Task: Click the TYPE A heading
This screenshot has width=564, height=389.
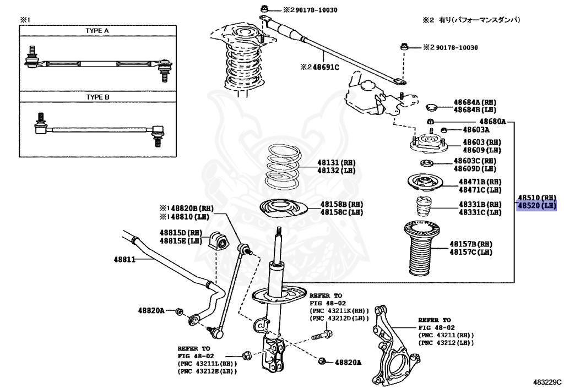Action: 97,31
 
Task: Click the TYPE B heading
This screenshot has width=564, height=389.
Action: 98,97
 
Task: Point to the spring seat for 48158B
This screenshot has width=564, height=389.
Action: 283,209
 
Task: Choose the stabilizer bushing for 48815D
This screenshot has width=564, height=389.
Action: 218,240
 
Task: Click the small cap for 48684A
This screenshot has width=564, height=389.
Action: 432,106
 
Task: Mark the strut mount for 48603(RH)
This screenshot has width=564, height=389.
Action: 427,145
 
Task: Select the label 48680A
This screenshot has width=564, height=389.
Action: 492,121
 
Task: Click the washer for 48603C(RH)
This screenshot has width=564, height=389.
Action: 425,163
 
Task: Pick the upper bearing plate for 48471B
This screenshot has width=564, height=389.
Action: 425,183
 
